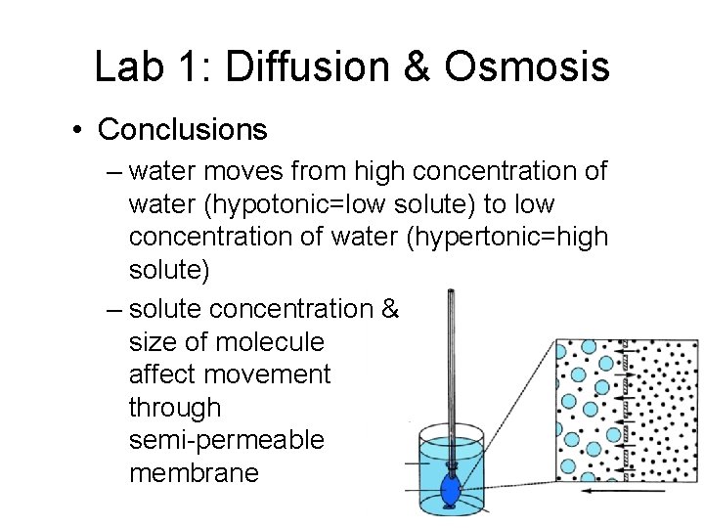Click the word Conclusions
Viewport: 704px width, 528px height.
(183, 128)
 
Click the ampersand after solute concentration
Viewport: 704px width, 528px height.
(388, 308)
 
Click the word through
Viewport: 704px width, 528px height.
(175, 408)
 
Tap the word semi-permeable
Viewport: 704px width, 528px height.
(226, 441)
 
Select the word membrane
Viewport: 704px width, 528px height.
(194, 474)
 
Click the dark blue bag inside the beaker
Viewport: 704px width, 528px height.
(451, 489)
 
